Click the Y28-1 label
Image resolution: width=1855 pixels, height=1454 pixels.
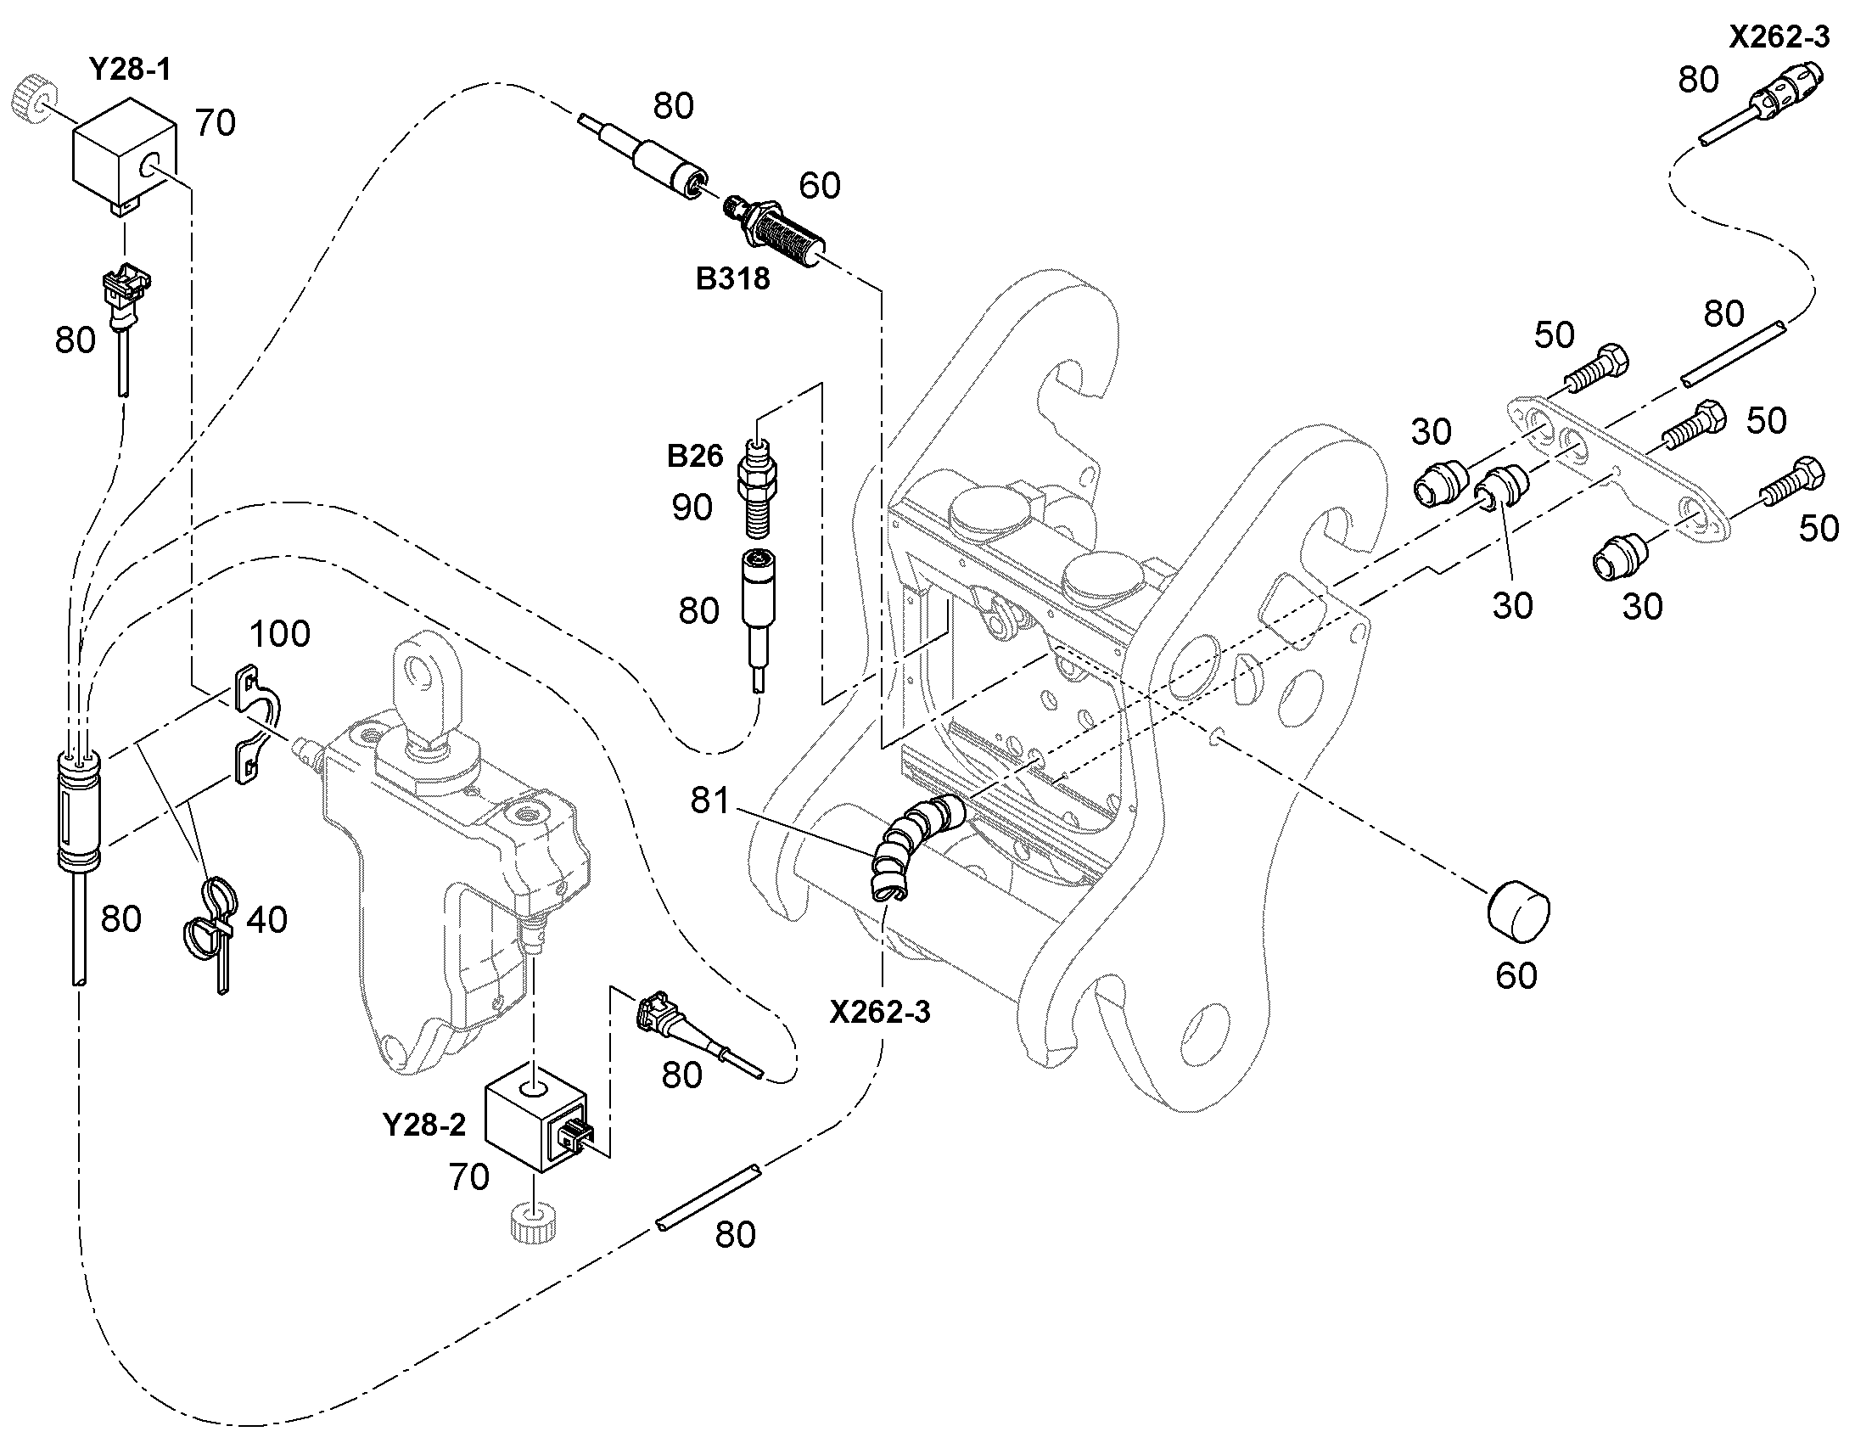coord(129,69)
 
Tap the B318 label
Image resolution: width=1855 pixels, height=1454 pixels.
coord(732,278)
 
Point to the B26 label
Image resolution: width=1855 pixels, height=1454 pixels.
coord(694,457)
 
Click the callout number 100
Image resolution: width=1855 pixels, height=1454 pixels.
coord(280,634)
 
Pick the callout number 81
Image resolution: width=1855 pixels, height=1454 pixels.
coord(709,800)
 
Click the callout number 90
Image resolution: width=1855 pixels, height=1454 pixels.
coord(692,508)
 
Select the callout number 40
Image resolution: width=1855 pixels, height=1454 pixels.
coord(266,920)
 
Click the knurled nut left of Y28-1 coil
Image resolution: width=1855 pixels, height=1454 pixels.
coord(34,101)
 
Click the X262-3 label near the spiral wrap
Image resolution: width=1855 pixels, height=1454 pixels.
coord(880,1012)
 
